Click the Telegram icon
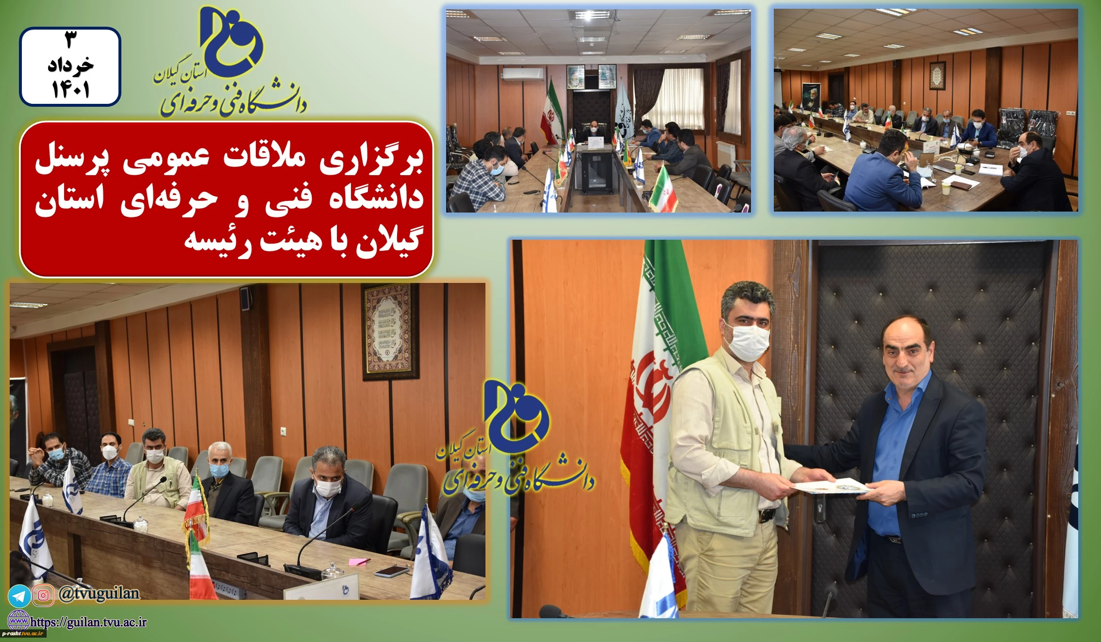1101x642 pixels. [x=19, y=596]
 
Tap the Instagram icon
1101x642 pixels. [x=43, y=595]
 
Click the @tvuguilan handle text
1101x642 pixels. [x=99, y=593]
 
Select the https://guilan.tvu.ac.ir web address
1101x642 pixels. [x=88, y=622]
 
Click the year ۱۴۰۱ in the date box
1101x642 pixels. [x=70, y=90]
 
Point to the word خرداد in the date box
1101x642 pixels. [x=70, y=65]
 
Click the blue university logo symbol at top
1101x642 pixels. [x=231, y=41]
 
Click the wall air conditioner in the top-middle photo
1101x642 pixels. [x=523, y=73]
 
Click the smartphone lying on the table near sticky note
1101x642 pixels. [x=392, y=571]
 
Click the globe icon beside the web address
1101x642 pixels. [x=19, y=621]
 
